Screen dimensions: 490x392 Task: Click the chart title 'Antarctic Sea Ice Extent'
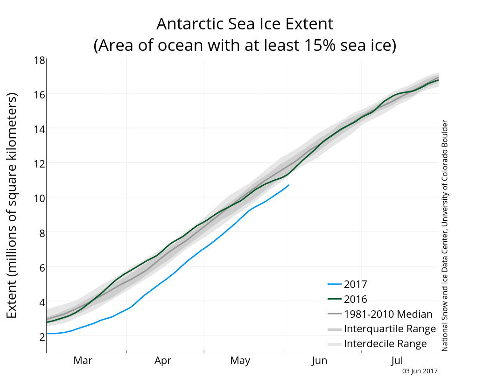click(245, 24)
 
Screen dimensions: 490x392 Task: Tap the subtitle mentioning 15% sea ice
click(245, 45)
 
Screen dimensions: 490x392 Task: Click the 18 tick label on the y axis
click(40, 60)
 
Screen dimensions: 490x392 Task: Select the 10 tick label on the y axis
click(40, 198)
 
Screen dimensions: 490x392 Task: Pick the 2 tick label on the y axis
click(42, 336)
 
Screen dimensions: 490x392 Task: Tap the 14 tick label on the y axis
click(40, 129)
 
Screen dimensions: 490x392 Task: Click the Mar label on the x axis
click(83, 360)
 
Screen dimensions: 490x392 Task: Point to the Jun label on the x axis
click(319, 360)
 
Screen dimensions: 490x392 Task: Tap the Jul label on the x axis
click(397, 360)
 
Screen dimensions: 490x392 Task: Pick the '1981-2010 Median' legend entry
click(380, 314)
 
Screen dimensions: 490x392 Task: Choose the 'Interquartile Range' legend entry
click(382, 329)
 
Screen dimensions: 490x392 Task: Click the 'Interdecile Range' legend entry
click(377, 344)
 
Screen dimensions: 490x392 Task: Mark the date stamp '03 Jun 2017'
click(420, 371)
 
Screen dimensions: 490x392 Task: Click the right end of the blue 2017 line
click(289, 185)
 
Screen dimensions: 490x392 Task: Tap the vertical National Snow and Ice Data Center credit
click(445, 236)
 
